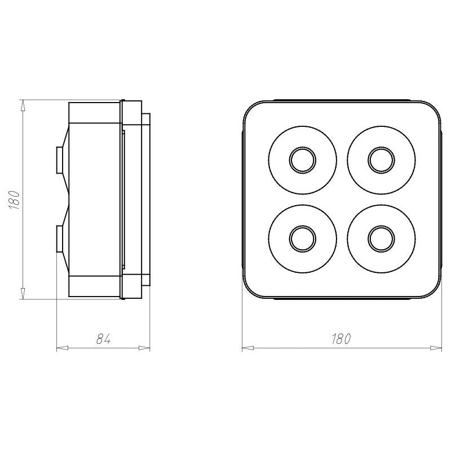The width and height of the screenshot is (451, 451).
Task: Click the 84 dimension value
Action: click(x=103, y=339)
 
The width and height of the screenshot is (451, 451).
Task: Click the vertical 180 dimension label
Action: click(x=14, y=200)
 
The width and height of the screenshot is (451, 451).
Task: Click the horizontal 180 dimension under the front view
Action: click(x=342, y=339)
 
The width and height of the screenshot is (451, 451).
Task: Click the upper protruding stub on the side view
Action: click(x=60, y=160)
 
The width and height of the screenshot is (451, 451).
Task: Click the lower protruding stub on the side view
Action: click(x=60, y=238)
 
